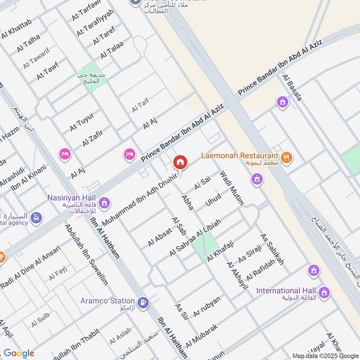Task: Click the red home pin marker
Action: tap(180, 162)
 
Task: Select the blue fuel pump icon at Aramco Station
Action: tap(144, 302)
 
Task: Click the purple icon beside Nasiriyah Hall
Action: tap(105, 203)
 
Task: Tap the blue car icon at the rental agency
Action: tap(36, 218)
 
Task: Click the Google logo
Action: tap(19, 353)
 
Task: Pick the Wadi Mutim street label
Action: tap(231, 188)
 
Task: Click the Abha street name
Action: tap(187, 202)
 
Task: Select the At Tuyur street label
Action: tap(81, 121)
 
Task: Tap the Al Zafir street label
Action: tap(93, 138)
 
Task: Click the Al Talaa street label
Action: tap(112, 49)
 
